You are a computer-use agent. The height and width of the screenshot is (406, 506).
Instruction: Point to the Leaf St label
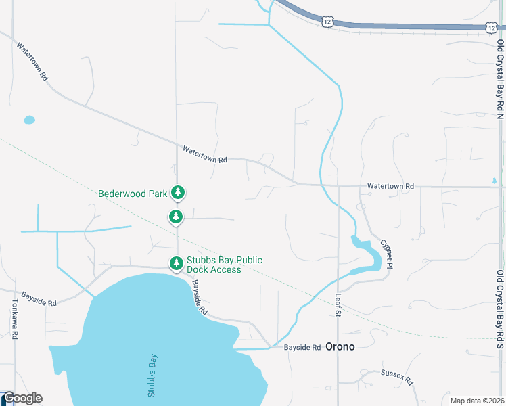coord(340,302)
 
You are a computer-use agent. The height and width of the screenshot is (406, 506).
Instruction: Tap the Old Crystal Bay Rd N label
coord(500,78)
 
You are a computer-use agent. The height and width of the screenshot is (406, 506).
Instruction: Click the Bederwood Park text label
coord(133,194)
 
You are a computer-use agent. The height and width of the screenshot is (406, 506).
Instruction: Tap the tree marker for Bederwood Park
coord(178,193)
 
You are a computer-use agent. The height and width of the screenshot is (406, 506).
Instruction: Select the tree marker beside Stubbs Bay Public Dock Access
coord(176,263)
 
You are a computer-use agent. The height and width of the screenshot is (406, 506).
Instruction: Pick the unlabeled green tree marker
coord(176,217)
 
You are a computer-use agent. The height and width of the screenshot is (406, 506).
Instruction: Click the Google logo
coord(22,398)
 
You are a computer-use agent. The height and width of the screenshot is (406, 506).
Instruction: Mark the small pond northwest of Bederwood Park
coord(29,120)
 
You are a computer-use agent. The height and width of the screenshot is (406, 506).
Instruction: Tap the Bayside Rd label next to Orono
coord(302,347)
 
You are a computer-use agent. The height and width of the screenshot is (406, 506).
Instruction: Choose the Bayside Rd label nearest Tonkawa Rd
coord(39,298)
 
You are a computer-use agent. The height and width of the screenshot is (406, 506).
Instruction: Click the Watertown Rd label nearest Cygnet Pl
coord(390,186)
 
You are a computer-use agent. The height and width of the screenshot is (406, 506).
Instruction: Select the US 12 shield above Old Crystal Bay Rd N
coord(491,26)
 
